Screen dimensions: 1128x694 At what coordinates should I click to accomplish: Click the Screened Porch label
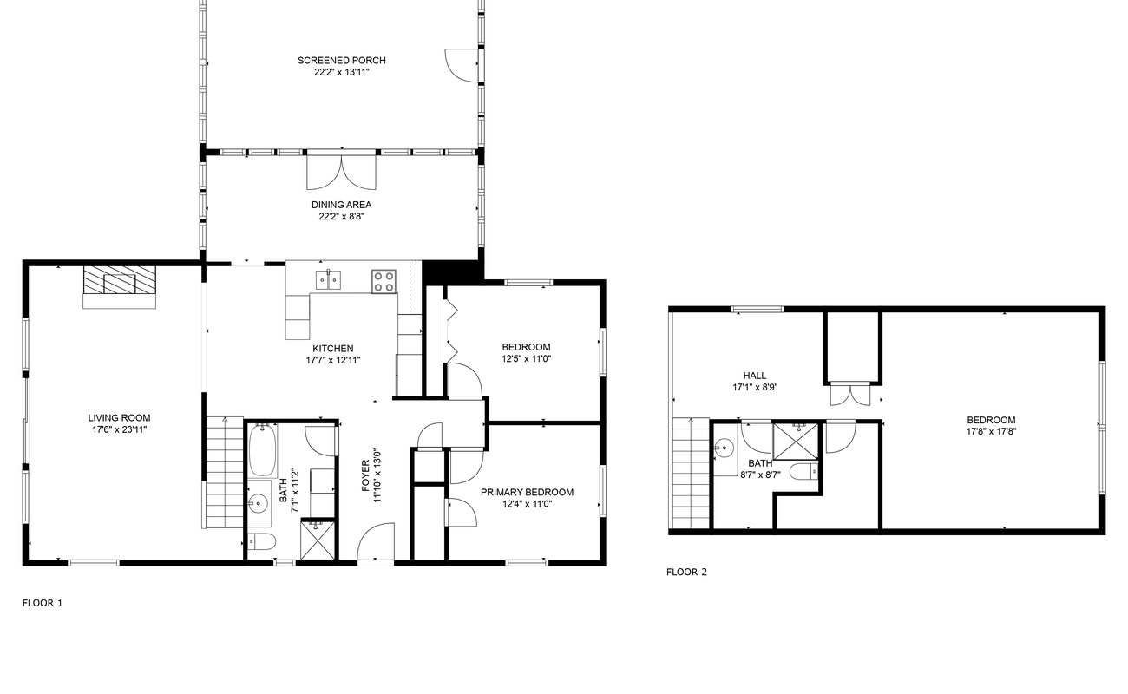341,61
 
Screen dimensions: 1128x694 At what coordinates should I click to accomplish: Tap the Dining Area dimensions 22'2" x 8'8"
341,217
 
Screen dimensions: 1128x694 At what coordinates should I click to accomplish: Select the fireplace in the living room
120,286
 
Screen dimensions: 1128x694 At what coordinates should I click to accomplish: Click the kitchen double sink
328,280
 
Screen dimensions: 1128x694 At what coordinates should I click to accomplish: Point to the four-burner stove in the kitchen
384,282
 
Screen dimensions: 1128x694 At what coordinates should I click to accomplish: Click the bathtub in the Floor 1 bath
262,450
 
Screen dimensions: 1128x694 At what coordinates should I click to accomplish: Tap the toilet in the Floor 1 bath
262,542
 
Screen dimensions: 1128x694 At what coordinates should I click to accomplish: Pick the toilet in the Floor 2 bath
803,472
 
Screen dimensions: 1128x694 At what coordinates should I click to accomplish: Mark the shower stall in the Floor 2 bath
796,442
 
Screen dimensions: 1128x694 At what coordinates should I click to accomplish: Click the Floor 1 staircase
225,473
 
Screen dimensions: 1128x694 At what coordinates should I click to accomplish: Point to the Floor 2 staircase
691,473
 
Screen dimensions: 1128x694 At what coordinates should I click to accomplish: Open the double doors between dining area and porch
341,171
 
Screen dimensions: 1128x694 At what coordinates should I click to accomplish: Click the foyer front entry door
376,542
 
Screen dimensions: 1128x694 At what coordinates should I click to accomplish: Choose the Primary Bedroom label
527,492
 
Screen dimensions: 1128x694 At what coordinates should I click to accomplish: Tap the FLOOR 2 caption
686,572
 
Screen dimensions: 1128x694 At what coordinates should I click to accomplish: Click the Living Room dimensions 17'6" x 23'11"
120,429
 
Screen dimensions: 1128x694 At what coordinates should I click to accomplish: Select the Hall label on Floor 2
755,376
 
